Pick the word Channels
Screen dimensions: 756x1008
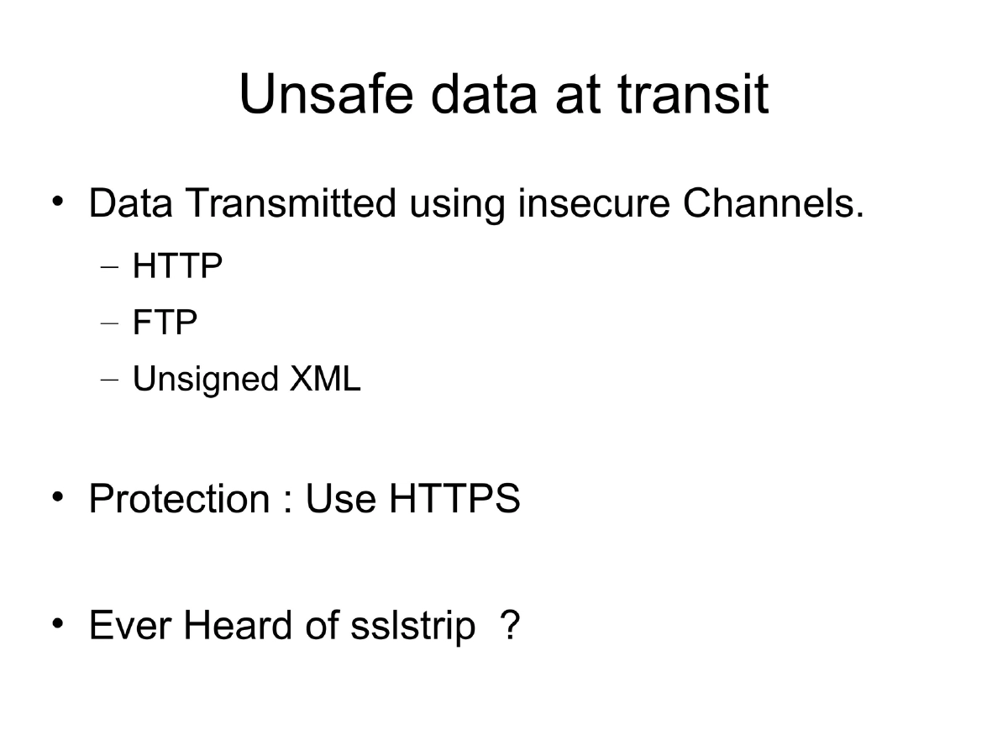773,204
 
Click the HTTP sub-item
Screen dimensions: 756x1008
177,267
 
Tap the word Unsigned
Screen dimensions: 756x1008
205,380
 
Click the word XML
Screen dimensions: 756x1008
325,380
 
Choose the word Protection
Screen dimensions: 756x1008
178,499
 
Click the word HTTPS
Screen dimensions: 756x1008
454,499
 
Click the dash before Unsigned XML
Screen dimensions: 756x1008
110,381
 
